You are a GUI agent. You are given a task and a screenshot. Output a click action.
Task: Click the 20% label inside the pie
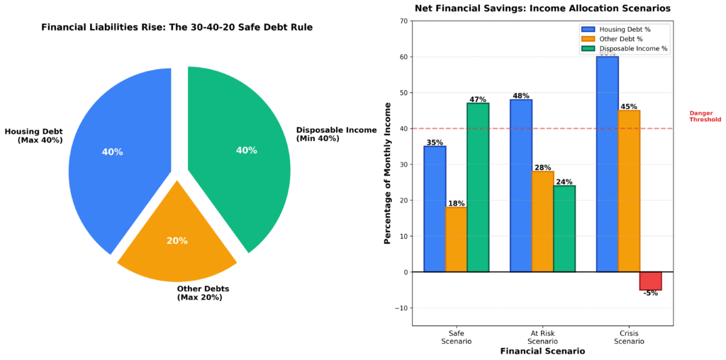[177, 241]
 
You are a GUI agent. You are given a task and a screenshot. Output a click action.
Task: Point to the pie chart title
[177, 28]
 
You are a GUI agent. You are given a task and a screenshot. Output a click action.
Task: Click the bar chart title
[542, 9]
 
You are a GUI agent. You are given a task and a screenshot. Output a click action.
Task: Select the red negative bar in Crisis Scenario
[650, 281]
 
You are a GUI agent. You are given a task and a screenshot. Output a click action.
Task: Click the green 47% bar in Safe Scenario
[478, 188]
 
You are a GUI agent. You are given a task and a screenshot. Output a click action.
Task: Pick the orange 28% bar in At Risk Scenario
[542, 221]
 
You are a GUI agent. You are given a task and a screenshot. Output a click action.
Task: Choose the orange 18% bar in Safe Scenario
[456, 240]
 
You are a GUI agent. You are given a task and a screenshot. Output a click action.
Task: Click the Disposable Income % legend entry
[624, 48]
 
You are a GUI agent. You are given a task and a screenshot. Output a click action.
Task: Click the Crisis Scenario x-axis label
[629, 337]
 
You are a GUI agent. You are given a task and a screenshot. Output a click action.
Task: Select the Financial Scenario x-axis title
[542, 351]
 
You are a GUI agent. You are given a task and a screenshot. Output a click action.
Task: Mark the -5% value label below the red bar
[650, 293]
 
